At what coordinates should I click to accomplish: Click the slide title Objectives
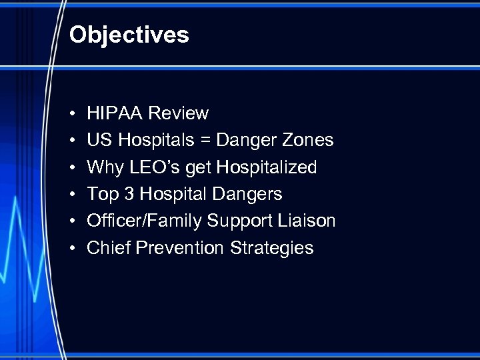tap(129, 35)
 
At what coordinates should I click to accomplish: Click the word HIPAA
tap(115, 113)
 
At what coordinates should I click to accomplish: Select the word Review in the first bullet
tap(178, 113)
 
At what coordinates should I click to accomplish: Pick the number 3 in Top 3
tap(128, 194)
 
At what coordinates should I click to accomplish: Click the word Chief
tap(109, 248)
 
